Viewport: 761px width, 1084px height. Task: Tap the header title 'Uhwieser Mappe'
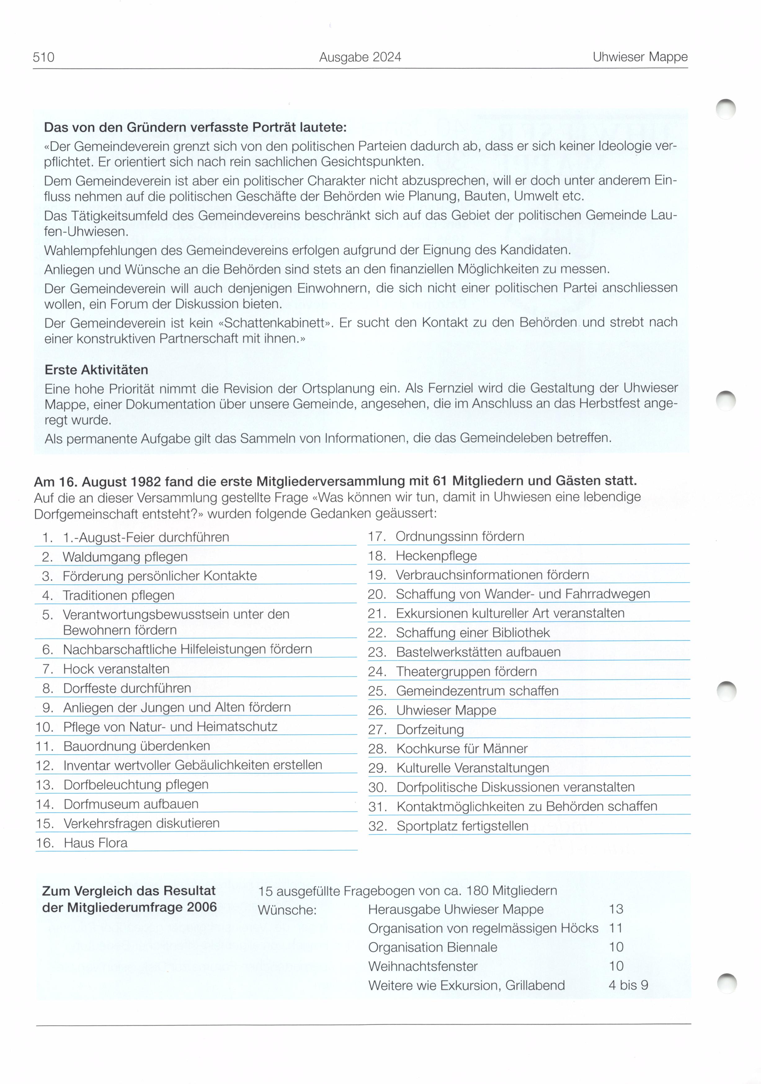[640, 57]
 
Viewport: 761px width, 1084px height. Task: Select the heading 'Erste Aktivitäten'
[96, 370]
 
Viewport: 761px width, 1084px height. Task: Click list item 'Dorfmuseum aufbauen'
[131, 804]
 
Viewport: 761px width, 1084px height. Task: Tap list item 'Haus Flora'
[96, 843]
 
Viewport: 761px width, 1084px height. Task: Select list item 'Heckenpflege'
[436, 556]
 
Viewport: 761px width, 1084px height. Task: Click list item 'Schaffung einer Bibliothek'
[473, 633]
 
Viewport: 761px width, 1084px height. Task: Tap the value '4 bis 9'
[628, 985]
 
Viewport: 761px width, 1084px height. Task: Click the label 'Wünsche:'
[287, 910]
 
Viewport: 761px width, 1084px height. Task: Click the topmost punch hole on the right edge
[726, 109]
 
